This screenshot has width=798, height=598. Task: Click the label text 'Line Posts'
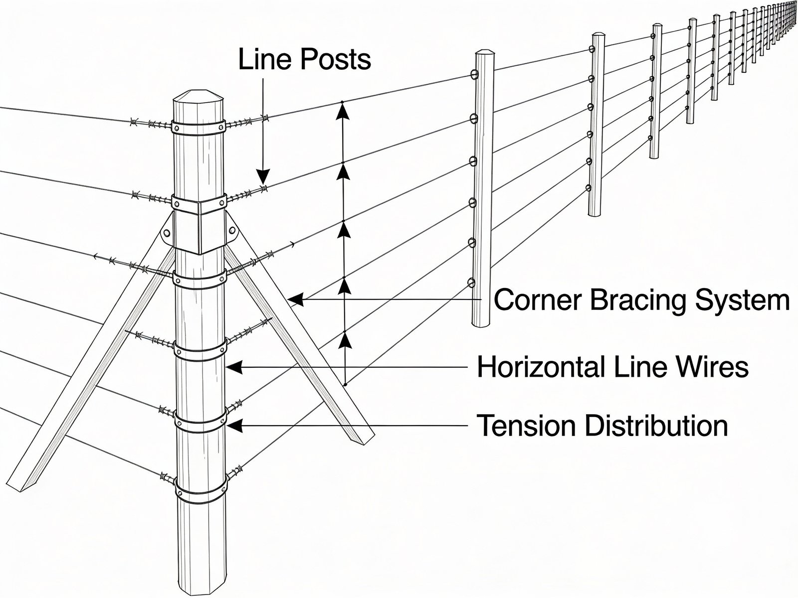coord(304,60)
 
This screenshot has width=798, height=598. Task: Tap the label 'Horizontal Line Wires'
coord(612,367)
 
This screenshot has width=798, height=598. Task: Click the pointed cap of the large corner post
coord(198,96)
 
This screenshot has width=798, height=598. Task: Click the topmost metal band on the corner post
coord(198,126)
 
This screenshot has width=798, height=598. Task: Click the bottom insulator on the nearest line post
coord(471,283)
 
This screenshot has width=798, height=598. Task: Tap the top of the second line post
coord(598,35)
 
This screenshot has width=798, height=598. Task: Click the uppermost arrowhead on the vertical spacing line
coord(342,112)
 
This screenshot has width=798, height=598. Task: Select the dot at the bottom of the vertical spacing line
coord(345,384)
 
